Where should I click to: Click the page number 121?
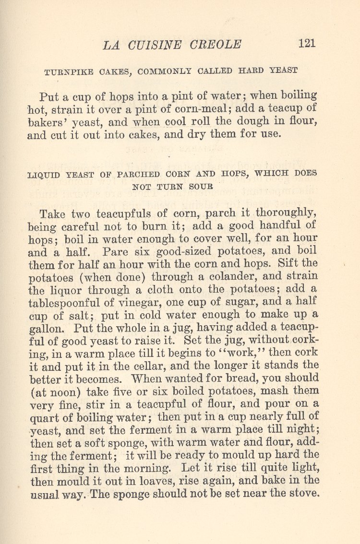pyautogui.click(x=307, y=43)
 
